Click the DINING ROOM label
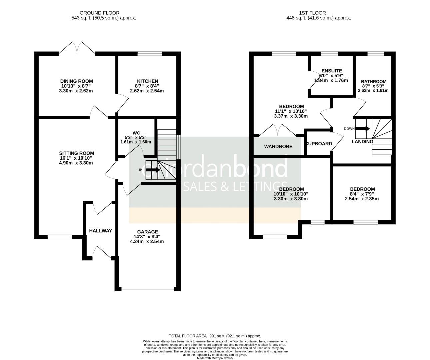click(76, 81)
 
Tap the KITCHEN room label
click(147, 81)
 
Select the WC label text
click(136, 133)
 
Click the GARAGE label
click(147, 232)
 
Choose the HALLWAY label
click(100, 231)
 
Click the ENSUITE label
click(331, 71)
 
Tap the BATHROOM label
click(373, 81)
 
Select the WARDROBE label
click(278, 146)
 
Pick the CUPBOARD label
click(319, 144)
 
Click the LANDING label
click(362, 141)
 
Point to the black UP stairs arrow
click(153, 170)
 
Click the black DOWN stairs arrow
click(363, 129)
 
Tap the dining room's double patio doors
click(77, 48)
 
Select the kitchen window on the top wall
click(150, 53)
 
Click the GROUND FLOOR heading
click(104, 13)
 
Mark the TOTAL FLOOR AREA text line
click(215, 336)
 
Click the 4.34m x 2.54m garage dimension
click(147, 241)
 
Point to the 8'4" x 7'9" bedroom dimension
click(362, 194)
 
